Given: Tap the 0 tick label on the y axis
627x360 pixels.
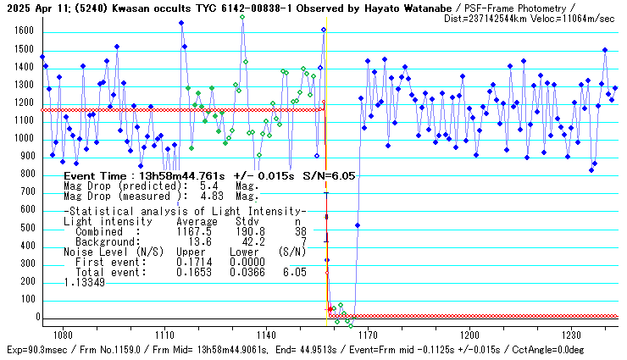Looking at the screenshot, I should point(29,317).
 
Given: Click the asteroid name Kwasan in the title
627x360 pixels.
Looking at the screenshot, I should point(126,7).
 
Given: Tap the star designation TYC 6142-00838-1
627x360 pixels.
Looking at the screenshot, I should point(252,7).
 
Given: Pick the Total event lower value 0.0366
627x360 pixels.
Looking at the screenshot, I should point(247,273).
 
